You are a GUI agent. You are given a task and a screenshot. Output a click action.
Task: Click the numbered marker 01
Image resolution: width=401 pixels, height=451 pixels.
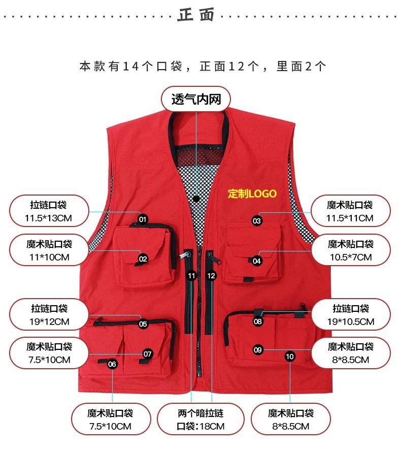coord(143,219)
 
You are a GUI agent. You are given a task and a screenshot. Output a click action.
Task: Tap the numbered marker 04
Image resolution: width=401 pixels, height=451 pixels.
coord(257,261)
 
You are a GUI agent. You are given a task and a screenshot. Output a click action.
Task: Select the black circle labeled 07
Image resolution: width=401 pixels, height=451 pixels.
coord(148,353)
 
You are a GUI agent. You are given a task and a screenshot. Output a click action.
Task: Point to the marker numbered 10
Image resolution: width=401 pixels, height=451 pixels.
coord(290,357)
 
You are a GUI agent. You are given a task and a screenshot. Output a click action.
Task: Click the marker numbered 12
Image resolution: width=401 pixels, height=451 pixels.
coord(212,276)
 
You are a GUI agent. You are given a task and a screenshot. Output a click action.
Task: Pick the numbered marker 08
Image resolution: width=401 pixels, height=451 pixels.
coord(258,321)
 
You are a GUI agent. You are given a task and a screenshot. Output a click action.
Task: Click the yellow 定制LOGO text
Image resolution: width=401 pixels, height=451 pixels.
coord(252,194)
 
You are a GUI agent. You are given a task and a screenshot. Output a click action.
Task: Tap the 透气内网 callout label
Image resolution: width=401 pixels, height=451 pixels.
coord(196,99)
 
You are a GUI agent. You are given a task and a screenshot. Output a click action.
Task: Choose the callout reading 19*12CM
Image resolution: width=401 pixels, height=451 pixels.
coord(49,314)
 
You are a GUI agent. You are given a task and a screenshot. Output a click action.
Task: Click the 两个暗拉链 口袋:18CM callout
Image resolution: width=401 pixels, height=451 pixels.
coord(201,420)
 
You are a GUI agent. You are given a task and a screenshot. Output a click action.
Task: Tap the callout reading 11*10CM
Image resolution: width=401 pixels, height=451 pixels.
coord(49,250)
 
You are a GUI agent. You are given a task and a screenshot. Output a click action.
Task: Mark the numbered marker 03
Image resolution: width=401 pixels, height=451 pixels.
coord(256,220)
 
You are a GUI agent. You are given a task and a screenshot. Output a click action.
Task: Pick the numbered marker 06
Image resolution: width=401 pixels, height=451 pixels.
coord(112,364)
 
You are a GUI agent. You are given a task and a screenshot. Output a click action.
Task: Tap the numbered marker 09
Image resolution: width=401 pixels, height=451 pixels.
coord(257,349)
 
